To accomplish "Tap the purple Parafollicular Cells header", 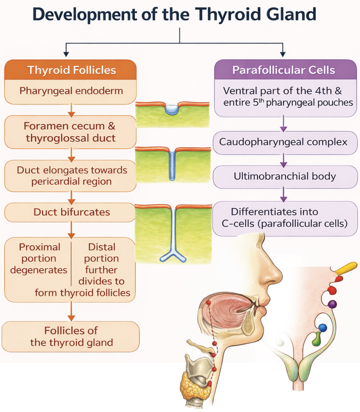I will (284, 70).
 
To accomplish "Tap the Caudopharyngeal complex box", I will (284, 142).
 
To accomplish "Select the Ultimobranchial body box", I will (284, 176).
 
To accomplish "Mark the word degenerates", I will (39, 270).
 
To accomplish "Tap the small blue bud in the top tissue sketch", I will (173, 109).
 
